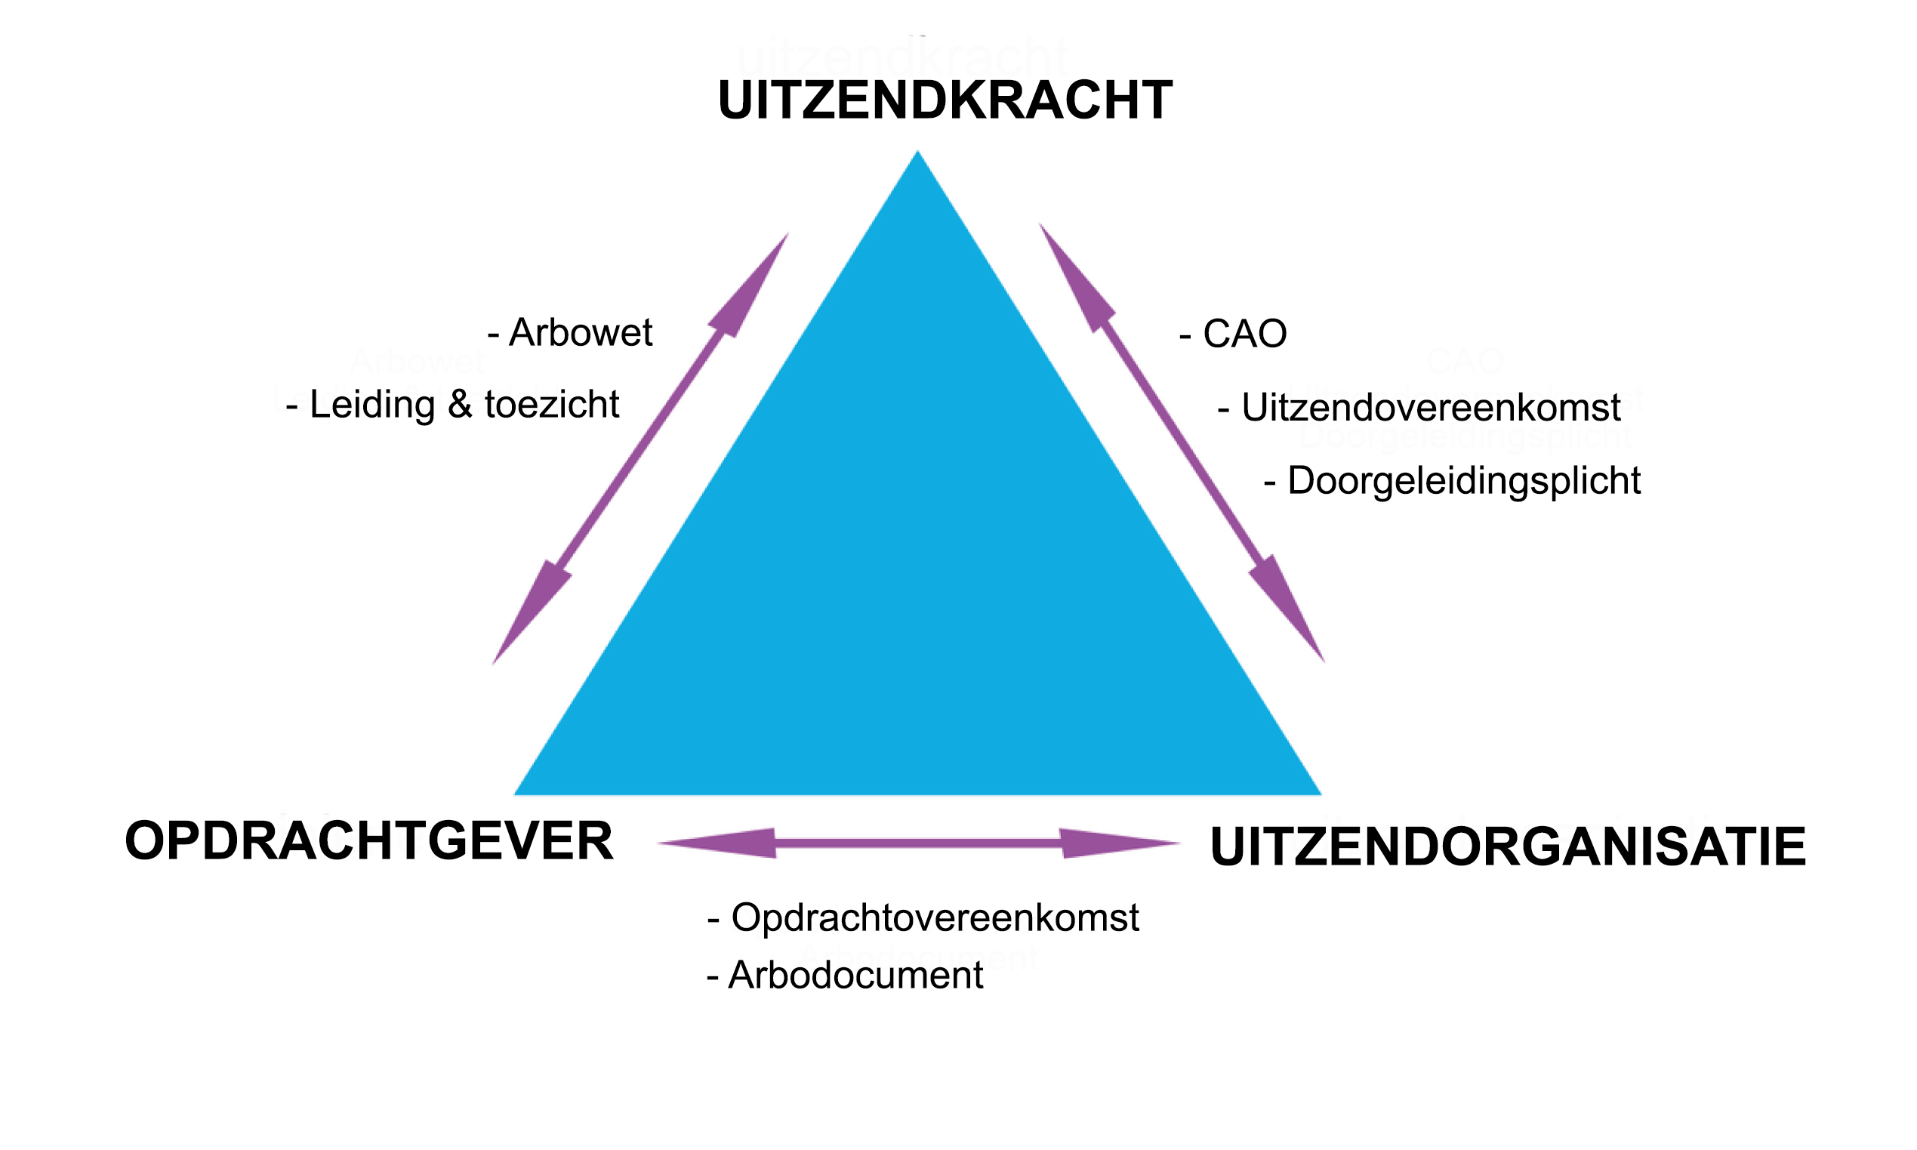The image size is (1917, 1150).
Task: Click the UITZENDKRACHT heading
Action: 945,100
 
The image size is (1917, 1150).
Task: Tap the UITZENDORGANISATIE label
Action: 1508,846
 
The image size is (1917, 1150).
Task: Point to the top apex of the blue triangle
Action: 917,151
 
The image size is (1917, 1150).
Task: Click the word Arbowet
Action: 581,332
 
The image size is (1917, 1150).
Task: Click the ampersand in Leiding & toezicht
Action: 460,405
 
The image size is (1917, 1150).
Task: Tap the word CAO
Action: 1244,334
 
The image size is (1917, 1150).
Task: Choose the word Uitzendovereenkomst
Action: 1432,408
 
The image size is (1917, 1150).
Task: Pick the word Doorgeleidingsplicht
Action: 1464,481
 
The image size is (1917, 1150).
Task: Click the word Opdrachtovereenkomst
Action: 935,917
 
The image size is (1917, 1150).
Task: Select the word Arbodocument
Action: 855,975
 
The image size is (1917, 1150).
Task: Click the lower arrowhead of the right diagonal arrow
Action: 1290,612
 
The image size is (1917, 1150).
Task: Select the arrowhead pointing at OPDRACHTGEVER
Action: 717,843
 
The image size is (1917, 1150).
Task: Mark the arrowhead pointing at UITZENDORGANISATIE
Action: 1121,843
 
